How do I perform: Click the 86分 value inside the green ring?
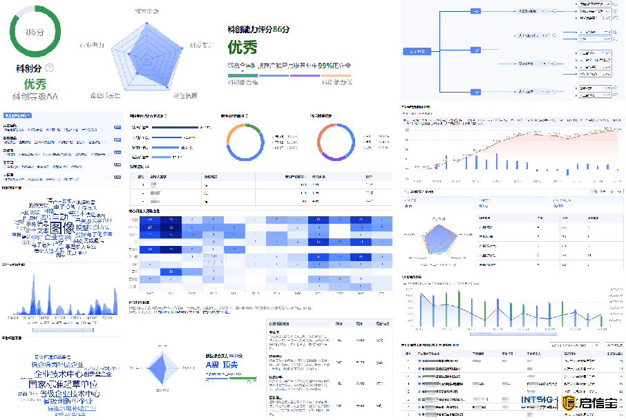[35, 32]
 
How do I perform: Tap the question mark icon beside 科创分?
[50, 68]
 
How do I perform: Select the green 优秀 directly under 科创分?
[35, 84]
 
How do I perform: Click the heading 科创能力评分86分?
[258, 30]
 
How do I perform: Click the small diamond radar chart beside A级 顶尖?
[163, 368]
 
